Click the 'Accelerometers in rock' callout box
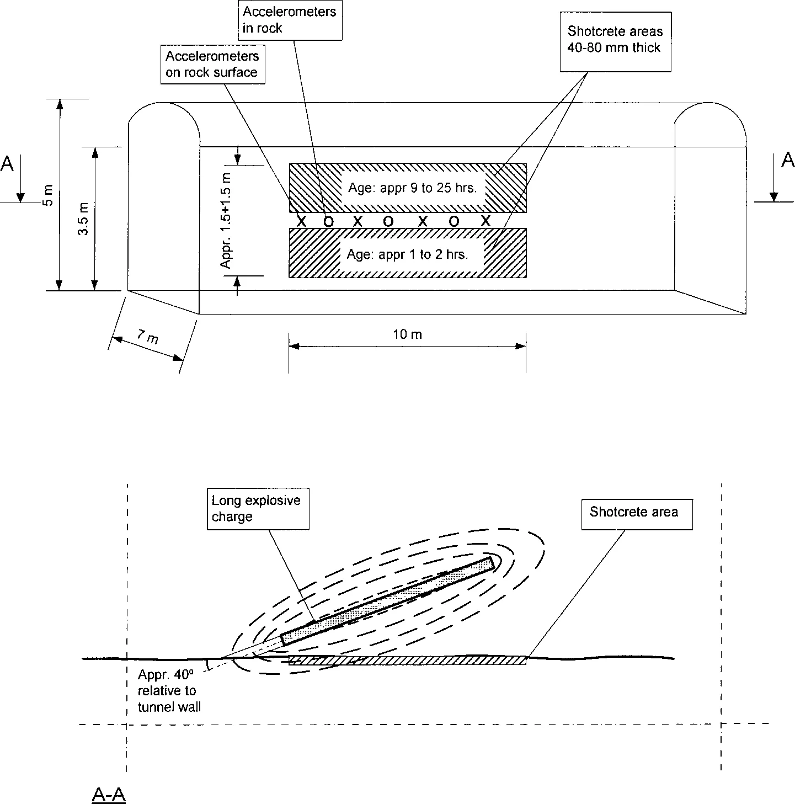point(290,20)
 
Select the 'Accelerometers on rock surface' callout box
point(212,65)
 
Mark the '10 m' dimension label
point(407,334)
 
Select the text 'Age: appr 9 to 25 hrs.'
point(412,188)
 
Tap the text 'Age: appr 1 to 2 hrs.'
point(407,254)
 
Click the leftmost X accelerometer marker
point(301,221)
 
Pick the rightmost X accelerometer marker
point(485,221)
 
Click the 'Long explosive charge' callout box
point(258,508)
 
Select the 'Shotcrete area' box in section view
point(636,513)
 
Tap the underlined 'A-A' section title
point(109,795)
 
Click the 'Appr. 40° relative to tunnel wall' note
point(168,690)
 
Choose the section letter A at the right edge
point(787,161)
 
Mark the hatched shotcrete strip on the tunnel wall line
point(407,660)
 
